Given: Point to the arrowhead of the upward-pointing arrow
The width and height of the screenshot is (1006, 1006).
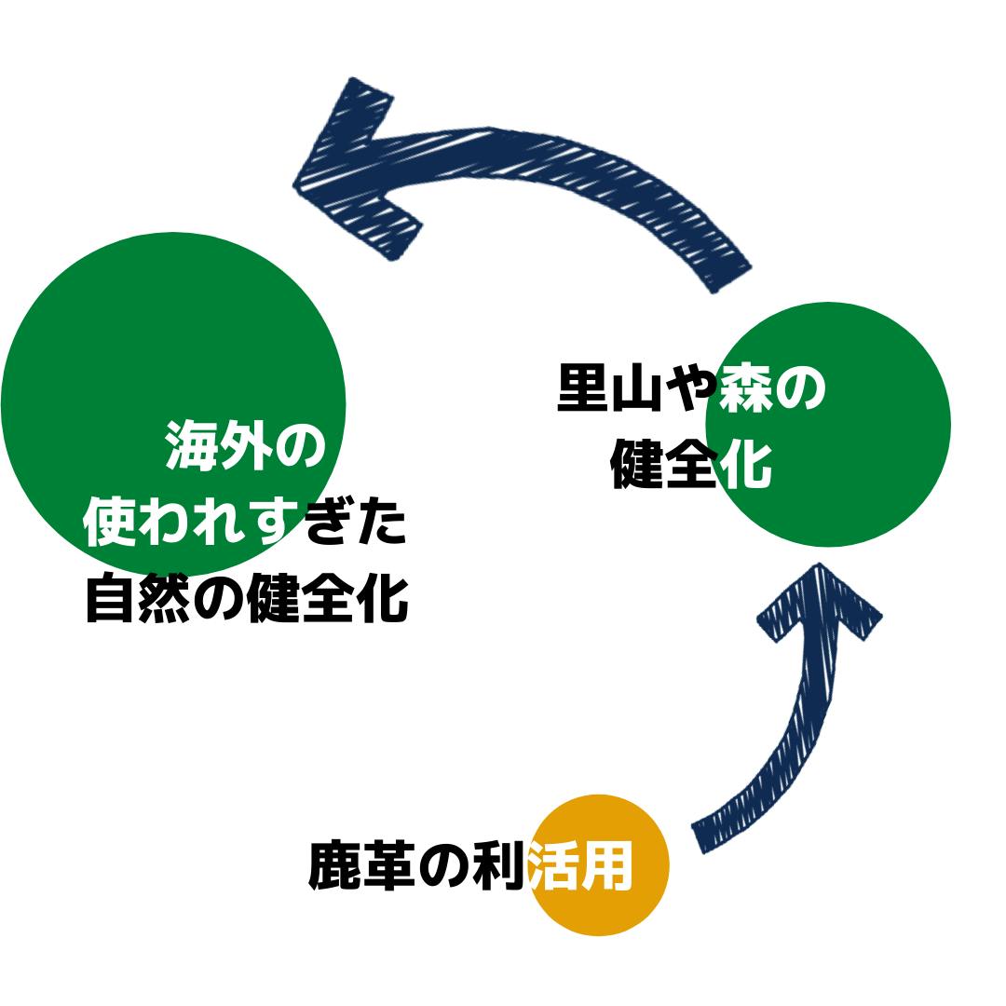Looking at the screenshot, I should click(820, 605).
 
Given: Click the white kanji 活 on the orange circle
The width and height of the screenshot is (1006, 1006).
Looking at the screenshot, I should click(553, 866).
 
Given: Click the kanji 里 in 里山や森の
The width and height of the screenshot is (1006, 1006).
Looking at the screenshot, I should click(583, 388).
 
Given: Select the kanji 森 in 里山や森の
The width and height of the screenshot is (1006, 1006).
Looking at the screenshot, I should click(745, 388).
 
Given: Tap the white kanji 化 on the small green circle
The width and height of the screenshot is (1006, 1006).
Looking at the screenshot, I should click(745, 463).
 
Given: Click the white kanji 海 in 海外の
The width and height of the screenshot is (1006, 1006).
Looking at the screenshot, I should click(192, 446).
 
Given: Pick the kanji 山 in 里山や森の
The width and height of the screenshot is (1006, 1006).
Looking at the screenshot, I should click(637, 388).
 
